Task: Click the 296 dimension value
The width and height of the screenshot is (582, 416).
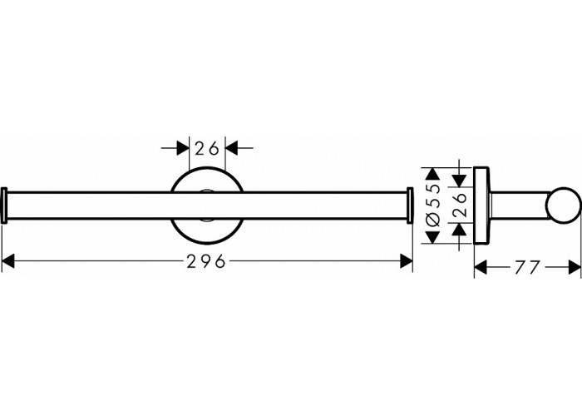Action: click(x=206, y=262)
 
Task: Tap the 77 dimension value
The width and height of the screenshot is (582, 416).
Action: click(x=527, y=268)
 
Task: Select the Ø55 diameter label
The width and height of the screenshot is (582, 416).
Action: click(x=433, y=206)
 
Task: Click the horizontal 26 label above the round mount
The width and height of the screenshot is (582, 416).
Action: click(x=207, y=149)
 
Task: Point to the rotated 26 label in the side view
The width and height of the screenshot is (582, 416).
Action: click(x=460, y=205)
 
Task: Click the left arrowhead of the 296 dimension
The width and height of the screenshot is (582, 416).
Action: click(x=8, y=262)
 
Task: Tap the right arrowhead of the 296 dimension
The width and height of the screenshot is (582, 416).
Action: click(x=407, y=262)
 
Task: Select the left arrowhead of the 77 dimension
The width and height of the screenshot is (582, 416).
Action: click(x=481, y=268)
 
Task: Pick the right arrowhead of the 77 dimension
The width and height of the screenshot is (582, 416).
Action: click(x=575, y=268)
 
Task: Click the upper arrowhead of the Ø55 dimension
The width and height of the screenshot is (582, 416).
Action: click(x=432, y=174)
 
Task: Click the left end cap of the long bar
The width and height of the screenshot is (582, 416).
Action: click(x=4, y=206)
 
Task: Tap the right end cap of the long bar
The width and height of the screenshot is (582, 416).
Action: click(x=410, y=206)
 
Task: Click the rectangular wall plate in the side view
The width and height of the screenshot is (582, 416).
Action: click(x=481, y=206)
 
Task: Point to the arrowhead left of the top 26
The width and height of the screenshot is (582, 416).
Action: click(x=183, y=148)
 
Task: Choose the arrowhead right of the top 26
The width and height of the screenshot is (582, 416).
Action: click(x=232, y=148)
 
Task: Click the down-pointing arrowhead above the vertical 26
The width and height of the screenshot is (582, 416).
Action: click(x=460, y=181)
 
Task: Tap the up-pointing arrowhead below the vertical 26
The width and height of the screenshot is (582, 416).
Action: click(x=460, y=230)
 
